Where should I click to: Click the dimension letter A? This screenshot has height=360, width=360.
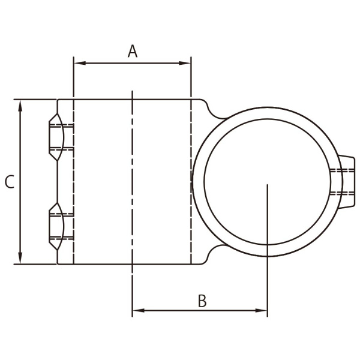(x=133, y=51)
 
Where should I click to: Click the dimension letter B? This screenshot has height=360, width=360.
(x=202, y=301)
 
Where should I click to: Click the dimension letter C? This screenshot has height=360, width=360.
(x=9, y=182)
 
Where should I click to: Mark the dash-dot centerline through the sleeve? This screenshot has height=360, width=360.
(x=132, y=180)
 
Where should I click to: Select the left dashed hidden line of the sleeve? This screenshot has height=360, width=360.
(x=73, y=180)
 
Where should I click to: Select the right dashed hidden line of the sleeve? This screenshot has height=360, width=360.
(x=190, y=150)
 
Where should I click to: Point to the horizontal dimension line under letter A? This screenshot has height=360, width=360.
(x=132, y=62)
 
